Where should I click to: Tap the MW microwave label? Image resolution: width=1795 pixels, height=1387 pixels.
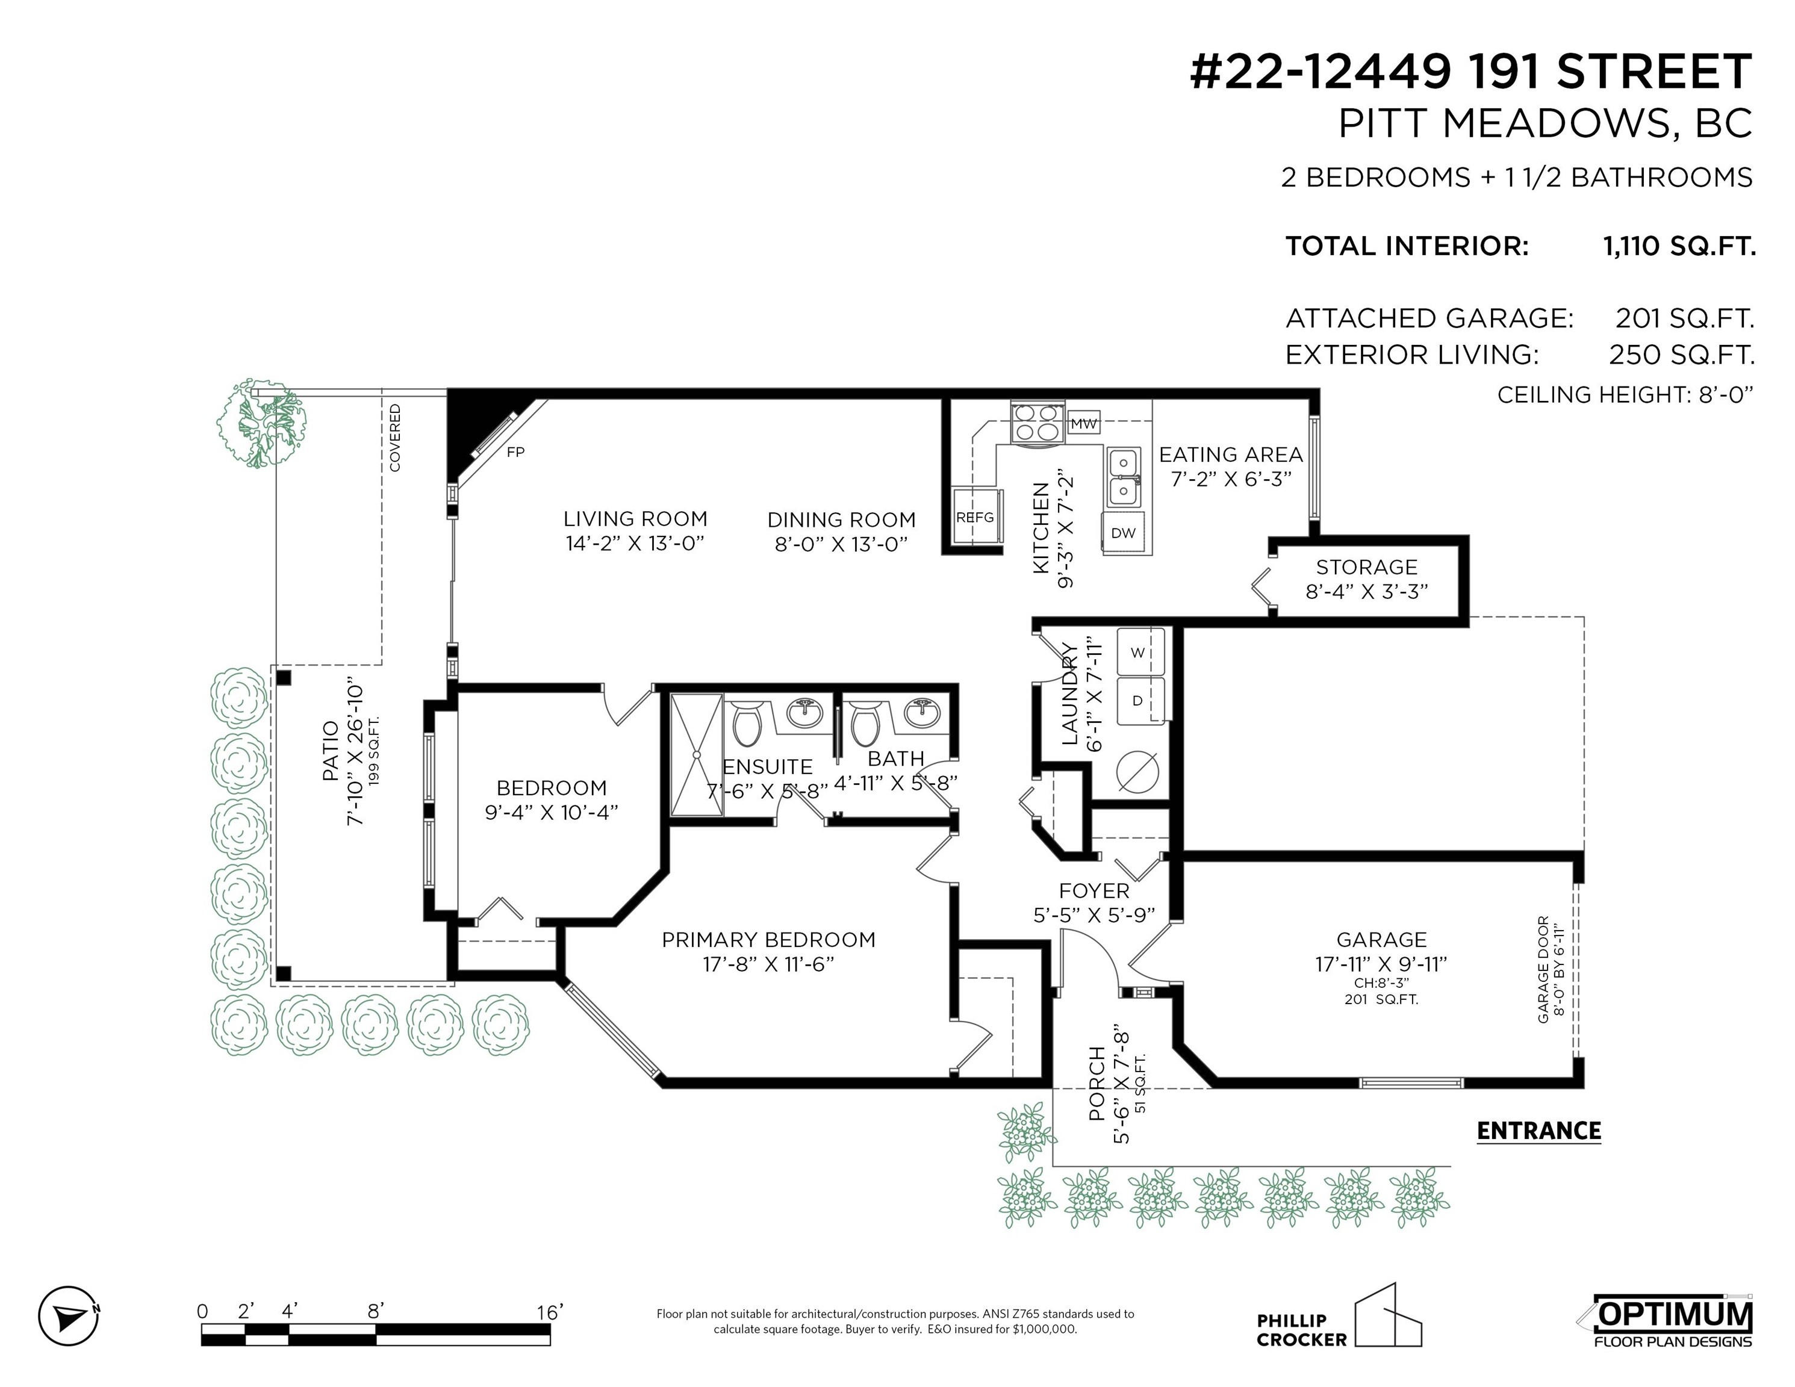coord(1083,424)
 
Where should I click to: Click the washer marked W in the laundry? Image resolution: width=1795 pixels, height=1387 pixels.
coord(1139,653)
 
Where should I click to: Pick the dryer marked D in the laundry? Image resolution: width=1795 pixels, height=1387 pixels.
coord(1139,700)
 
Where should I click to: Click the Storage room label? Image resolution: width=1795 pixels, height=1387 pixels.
coord(1367,567)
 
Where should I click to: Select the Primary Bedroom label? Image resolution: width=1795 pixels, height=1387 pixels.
coord(768,939)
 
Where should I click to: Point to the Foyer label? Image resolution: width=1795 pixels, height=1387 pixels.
coord(1094,891)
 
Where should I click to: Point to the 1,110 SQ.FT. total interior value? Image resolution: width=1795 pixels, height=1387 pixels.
coord(1679,246)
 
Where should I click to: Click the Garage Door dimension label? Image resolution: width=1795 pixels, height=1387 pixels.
coord(1549,970)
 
